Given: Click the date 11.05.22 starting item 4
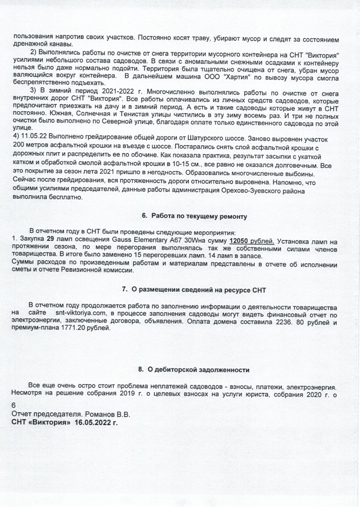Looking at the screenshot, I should (x=33, y=135).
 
